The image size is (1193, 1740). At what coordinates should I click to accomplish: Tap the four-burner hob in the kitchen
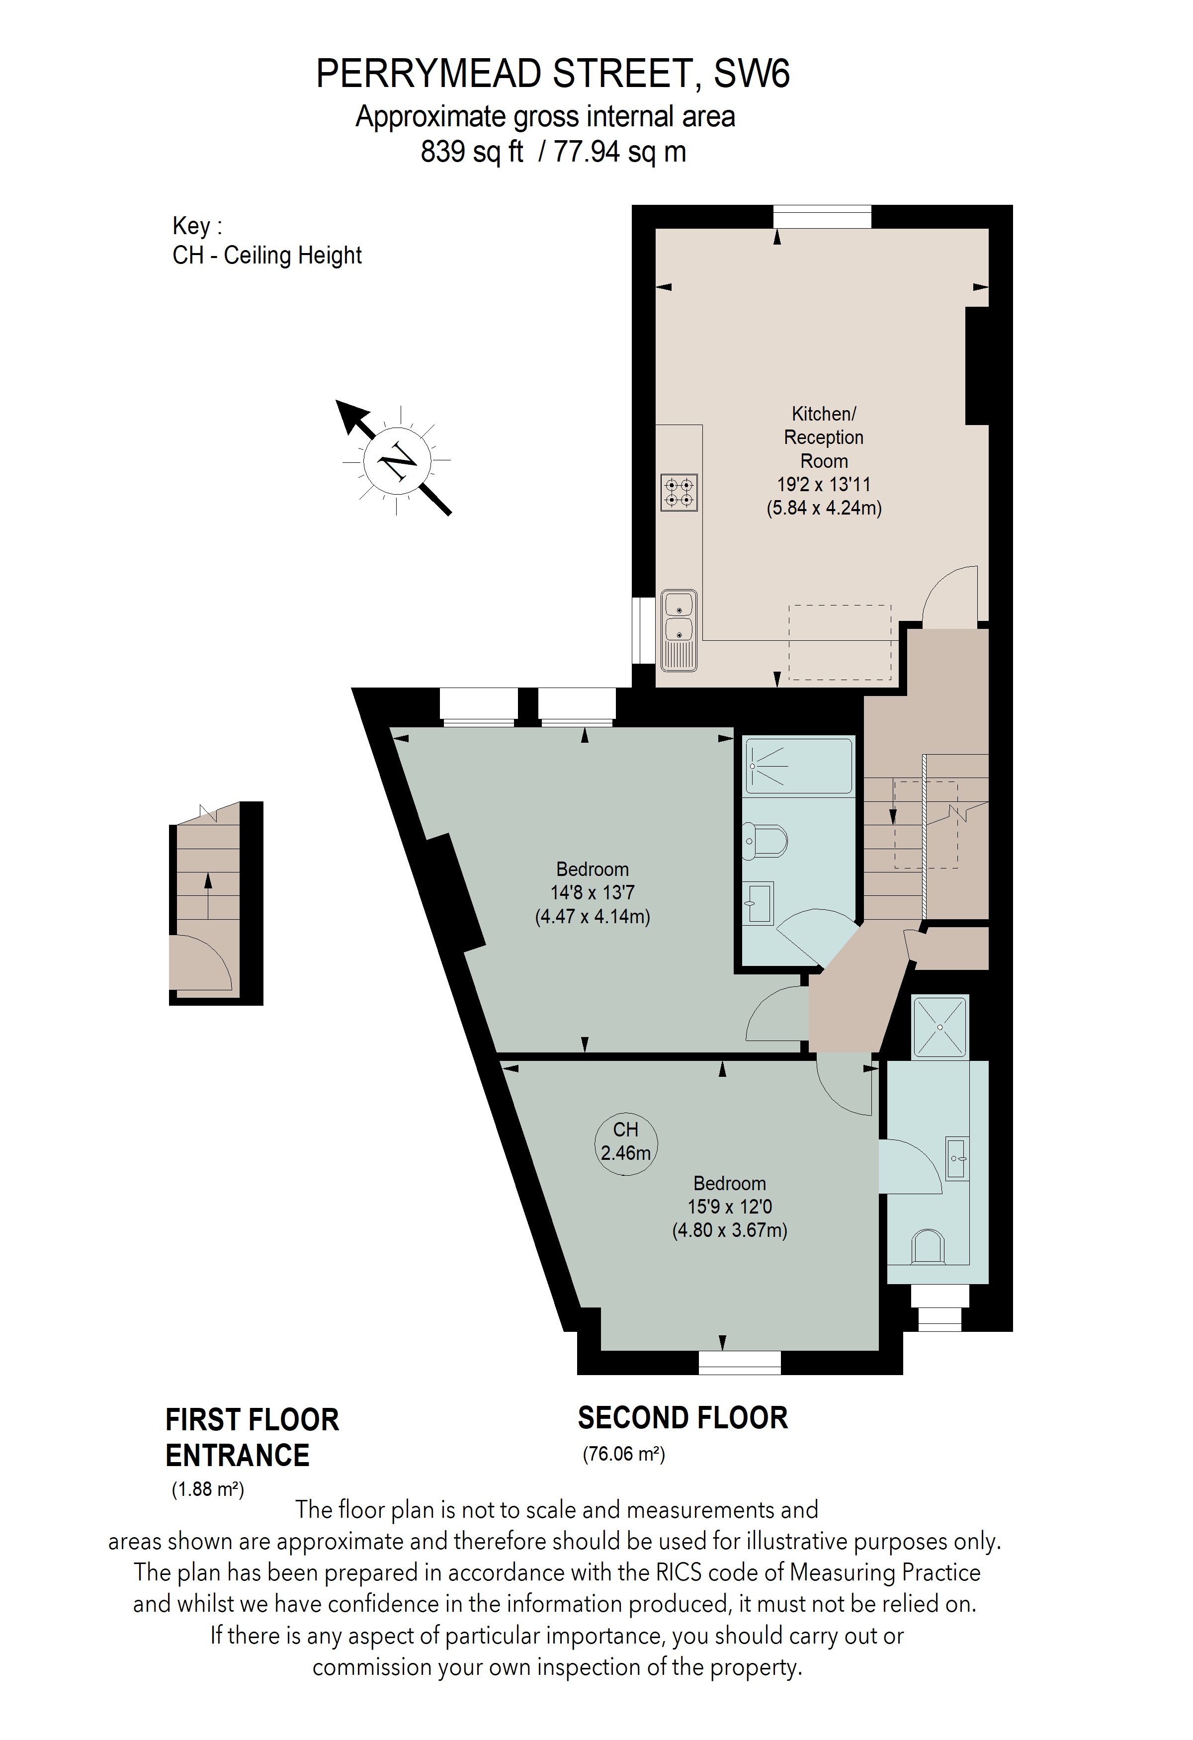tap(679, 493)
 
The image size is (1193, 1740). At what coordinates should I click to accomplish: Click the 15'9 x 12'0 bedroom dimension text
tap(730, 1207)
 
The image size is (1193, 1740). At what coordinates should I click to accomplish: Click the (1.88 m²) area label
tap(207, 1488)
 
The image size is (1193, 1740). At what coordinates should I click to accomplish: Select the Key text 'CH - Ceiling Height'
tap(267, 256)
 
